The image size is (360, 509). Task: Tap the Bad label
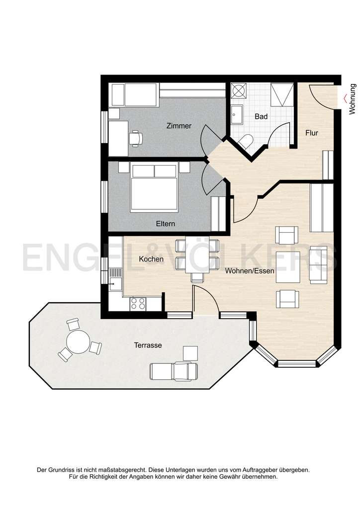[x=261, y=117]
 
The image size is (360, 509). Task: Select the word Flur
[x=312, y=133]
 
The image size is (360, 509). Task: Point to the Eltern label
[x=166, y=224]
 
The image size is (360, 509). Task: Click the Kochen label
[x=151, y=259]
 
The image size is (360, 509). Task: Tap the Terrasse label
[x=148, y=345]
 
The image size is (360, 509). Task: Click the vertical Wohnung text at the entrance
[x=353, y=99]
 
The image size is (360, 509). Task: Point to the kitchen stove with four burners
[x=138, y=304]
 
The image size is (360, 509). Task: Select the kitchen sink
[x=115, y=278]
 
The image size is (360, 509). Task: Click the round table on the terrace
[x=79, y=342]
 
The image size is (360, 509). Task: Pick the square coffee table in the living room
[x=288, y=267]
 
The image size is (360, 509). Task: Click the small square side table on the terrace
[x=190, y=353]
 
